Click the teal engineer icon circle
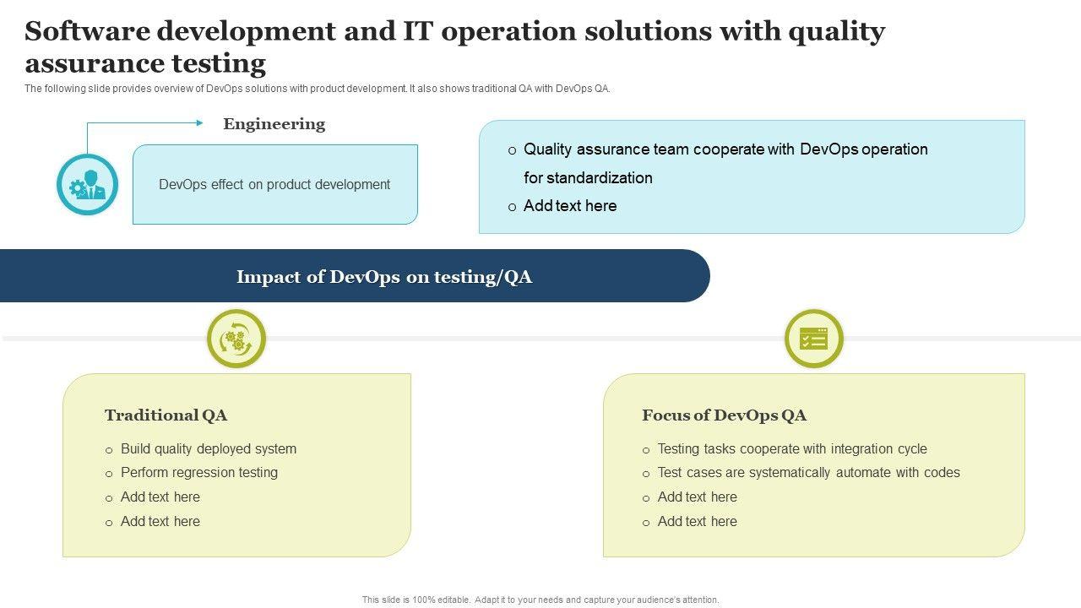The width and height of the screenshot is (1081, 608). (87, 184)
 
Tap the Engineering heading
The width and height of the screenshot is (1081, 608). (274, 124)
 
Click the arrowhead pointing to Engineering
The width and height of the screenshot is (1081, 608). (199, 123)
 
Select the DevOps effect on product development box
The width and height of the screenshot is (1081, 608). (274, 184)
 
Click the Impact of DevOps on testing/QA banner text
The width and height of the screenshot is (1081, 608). (384, 277)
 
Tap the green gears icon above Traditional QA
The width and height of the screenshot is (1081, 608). (236, 339)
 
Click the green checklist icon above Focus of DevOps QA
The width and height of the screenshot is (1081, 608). (814, 339)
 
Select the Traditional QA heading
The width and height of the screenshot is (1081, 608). (166, 415)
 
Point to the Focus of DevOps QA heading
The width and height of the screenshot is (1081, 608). (724, 415)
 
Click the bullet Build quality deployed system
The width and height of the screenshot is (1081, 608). (209, 449)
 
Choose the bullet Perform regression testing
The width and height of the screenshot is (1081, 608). (199, 473)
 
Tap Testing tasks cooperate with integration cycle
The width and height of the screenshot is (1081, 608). (792, 449)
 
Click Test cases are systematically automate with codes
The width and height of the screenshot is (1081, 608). (808, 473)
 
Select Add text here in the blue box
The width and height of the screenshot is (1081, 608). (570, 206)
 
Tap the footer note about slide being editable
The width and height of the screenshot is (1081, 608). (540, 600)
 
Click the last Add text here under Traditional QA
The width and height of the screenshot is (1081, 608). (160, 522)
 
